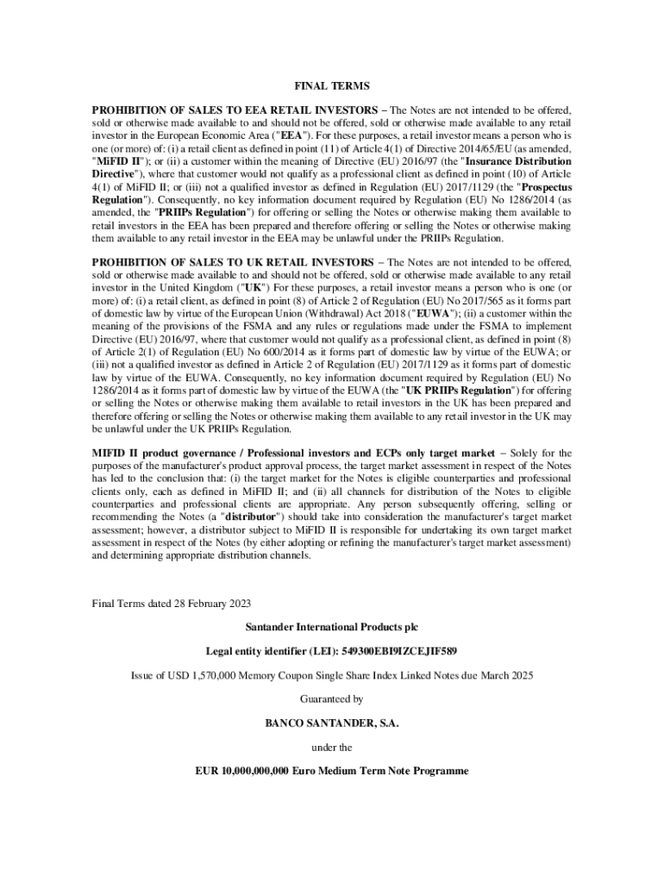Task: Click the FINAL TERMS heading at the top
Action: [332, 86]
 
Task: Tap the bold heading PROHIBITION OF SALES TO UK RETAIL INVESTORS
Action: [232, 261]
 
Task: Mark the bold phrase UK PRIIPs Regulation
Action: [457, 391]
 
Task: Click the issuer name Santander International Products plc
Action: [332, 626]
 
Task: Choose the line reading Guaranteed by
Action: [332, 698]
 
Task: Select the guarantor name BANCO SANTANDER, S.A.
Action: [332, 723]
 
